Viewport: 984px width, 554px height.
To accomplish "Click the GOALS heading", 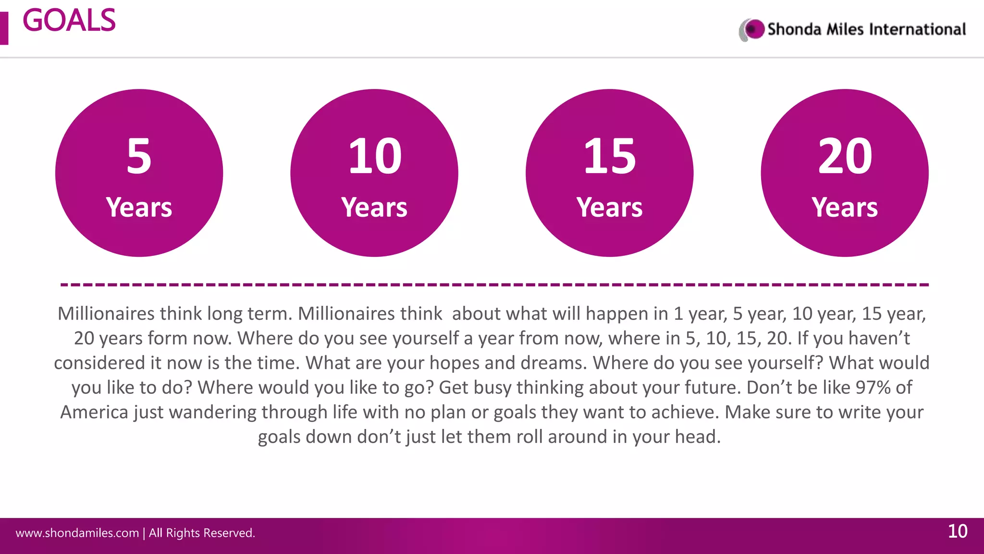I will (69, 21).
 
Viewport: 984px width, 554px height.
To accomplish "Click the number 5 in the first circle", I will (139, 156).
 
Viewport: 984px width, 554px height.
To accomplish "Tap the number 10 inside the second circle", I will (375, 156).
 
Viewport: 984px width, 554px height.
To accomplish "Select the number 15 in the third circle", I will (609, 156).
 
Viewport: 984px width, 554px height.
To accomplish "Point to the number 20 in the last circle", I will (845, 156).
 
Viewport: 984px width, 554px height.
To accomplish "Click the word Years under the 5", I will (139, 207).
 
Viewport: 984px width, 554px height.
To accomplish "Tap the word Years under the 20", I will (845, 207).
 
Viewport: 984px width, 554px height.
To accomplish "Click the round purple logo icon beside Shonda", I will (753, 29).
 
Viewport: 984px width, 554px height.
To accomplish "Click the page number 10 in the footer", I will (957, 531).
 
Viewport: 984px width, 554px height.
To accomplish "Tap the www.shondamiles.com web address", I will (77, 533).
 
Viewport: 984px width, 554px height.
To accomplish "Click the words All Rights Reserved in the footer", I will (202, 533).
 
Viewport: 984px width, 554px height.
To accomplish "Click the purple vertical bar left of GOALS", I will (4, 28).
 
